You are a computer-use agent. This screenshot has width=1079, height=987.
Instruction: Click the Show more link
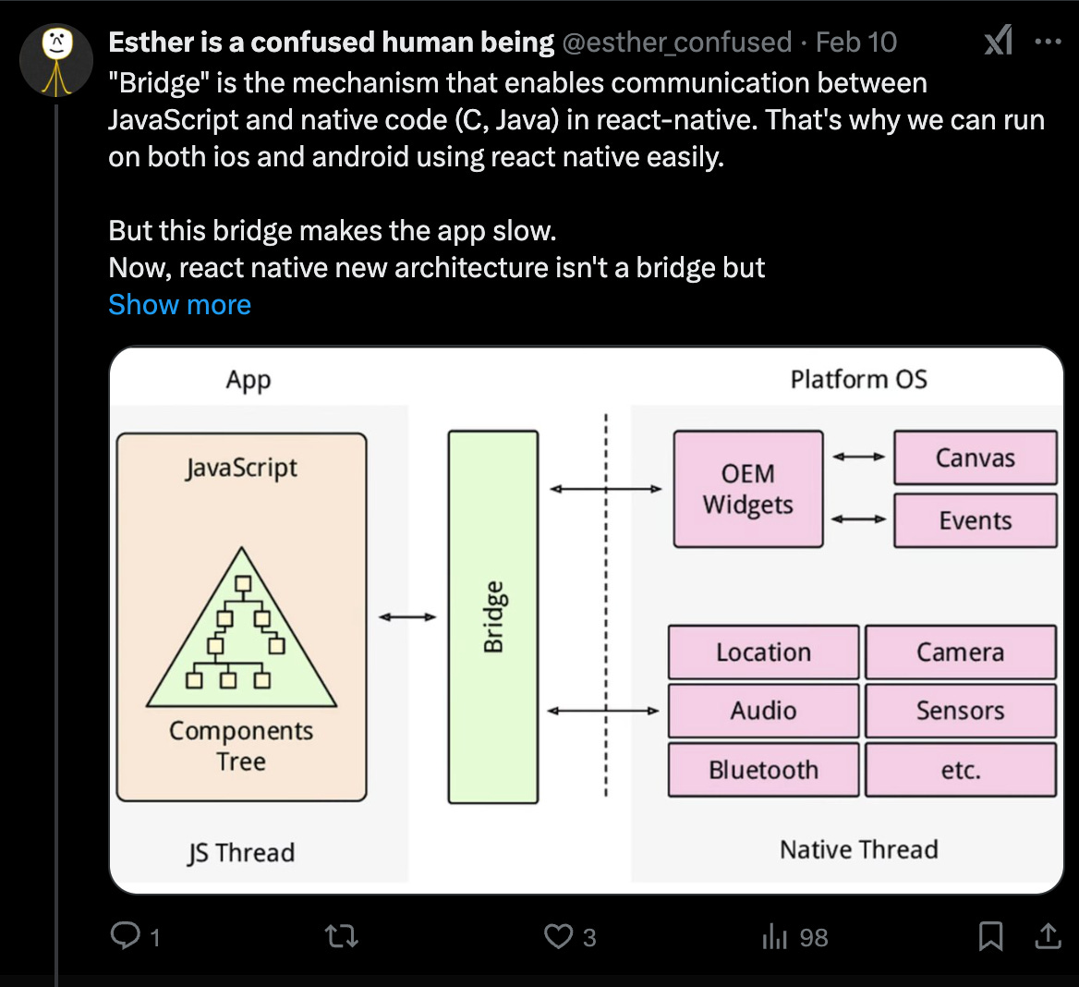click(x=179, y=305)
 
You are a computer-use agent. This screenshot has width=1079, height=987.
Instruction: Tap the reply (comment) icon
click(x=124, y=936)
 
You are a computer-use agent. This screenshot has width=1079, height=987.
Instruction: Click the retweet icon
click(x=343, y=937)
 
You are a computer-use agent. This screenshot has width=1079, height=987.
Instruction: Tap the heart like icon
click(x=558, y=936)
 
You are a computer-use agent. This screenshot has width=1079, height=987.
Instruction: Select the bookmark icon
click(x=990, y=936)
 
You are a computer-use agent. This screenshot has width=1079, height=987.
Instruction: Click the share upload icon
click(x=1048, y=936)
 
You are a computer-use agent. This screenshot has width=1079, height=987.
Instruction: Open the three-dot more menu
click(x=1048, y=43)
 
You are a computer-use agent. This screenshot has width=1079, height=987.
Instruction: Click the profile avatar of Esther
click(x=56, y=61)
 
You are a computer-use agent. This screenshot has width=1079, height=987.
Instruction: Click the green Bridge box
click(x=493, y=616)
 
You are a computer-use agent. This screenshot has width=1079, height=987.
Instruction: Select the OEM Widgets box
click(x=747, y=489)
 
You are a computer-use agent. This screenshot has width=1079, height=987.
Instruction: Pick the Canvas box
click(x=975, y=457)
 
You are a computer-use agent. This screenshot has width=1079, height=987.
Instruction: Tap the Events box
click(x=975, y=520)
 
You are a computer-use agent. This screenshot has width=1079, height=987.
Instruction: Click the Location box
click(x=763, y=652)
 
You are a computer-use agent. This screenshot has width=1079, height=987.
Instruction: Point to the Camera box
click(x=960, y=652)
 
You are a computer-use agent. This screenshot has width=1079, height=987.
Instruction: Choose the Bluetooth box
click(x=763, y=770)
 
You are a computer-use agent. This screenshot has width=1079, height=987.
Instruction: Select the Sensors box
click(x=960, y=711)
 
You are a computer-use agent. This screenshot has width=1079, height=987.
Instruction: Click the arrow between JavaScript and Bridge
click(x=407, y=616)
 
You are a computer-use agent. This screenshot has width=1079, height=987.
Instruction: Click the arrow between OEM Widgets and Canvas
click(x=858, y=457)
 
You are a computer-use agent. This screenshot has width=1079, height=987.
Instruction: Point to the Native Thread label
click(x=858, y=849)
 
